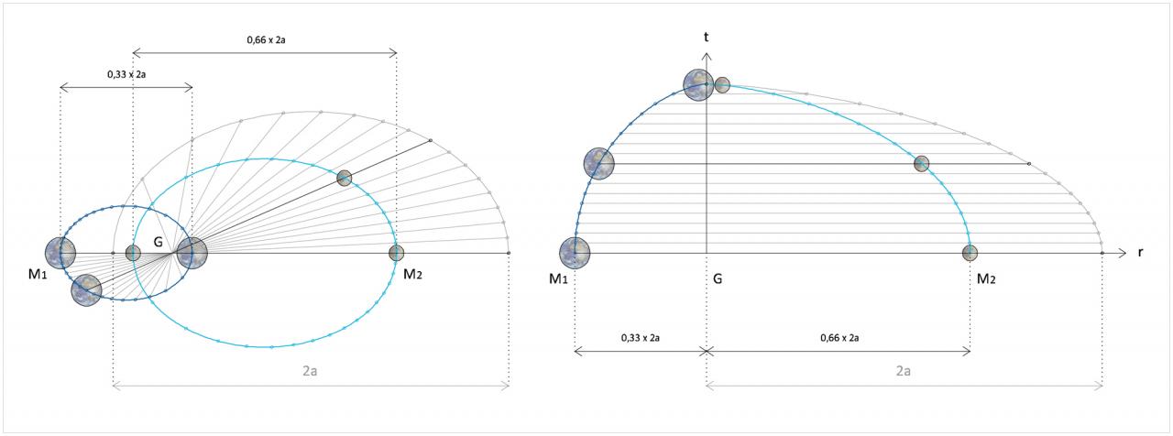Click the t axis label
[x=707, y=38]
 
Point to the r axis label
[x=1141, y=253]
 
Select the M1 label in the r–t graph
[x=558, y=279]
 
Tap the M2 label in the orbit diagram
[x=412, y=274]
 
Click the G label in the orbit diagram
[x=159, y=242]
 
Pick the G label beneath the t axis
[x=718, y=279]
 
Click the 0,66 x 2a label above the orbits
[x=266, y=39]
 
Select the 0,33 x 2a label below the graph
[x=641, y=338]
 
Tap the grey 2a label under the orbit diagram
[x=310, y=371]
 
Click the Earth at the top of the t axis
[x=698, y=85]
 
